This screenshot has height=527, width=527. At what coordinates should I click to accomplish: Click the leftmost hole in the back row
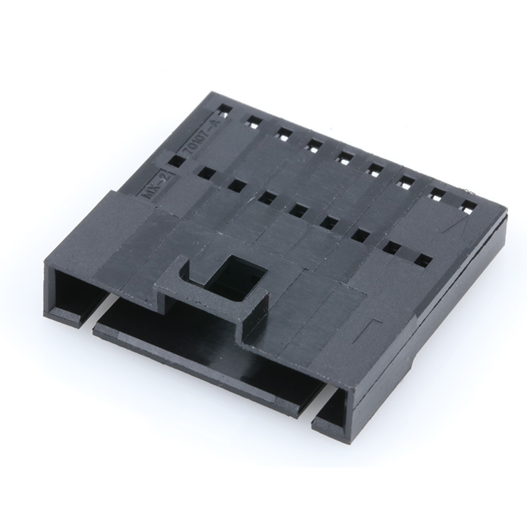pos(223,111)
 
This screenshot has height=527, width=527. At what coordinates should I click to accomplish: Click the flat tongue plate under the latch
pos(203,350)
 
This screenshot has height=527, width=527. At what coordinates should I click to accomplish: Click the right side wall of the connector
pos(448,308)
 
